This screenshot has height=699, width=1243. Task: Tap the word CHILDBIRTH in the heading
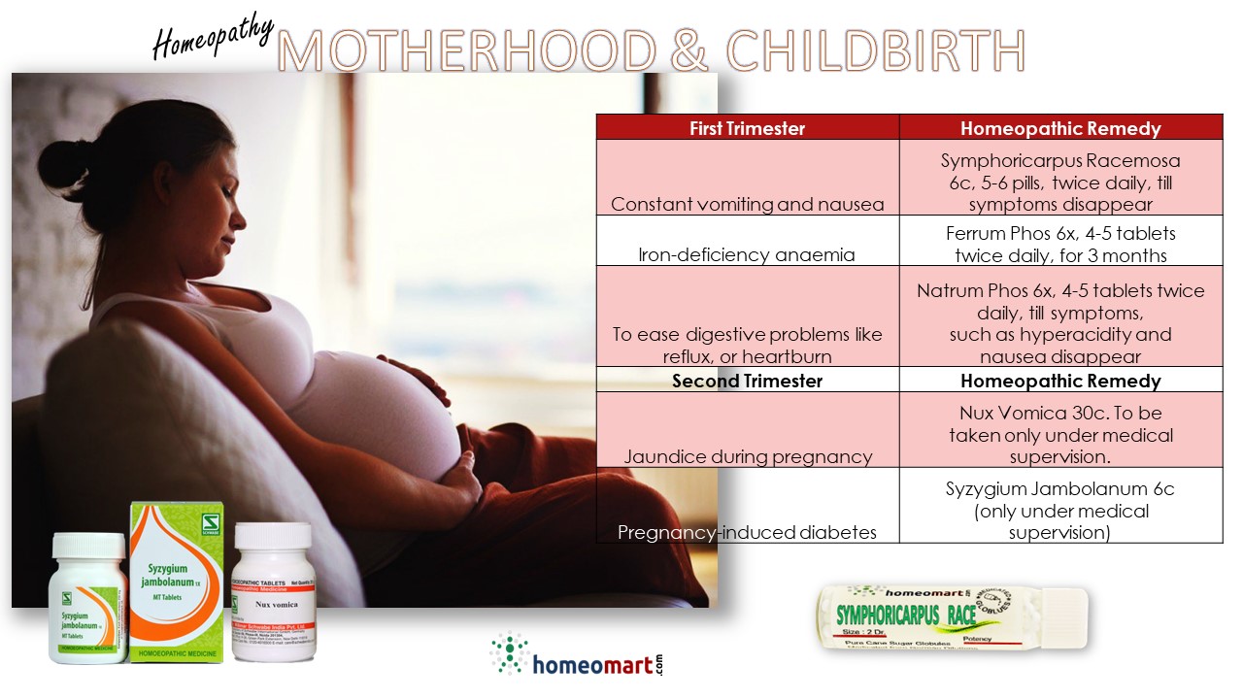pos(876,50)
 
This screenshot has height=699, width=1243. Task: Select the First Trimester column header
pos(747,128)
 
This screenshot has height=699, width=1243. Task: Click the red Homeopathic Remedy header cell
pos(1060,128)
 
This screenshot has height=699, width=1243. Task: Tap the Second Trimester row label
pos(747,381)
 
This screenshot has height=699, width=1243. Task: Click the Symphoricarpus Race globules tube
pos(952,621)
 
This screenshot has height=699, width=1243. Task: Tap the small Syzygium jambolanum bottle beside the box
pos(88,599)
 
